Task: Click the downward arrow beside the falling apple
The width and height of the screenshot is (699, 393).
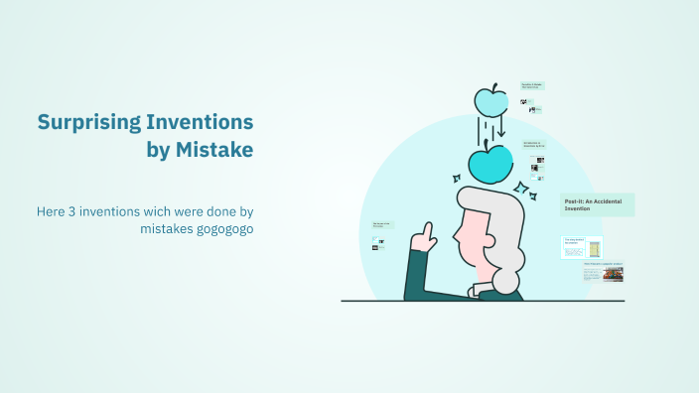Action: (501, 128)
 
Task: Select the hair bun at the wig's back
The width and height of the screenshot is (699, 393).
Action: (507, 282)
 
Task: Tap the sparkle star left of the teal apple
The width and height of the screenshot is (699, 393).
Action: (457, 179)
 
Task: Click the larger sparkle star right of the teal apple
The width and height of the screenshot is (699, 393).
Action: (520, 188)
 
